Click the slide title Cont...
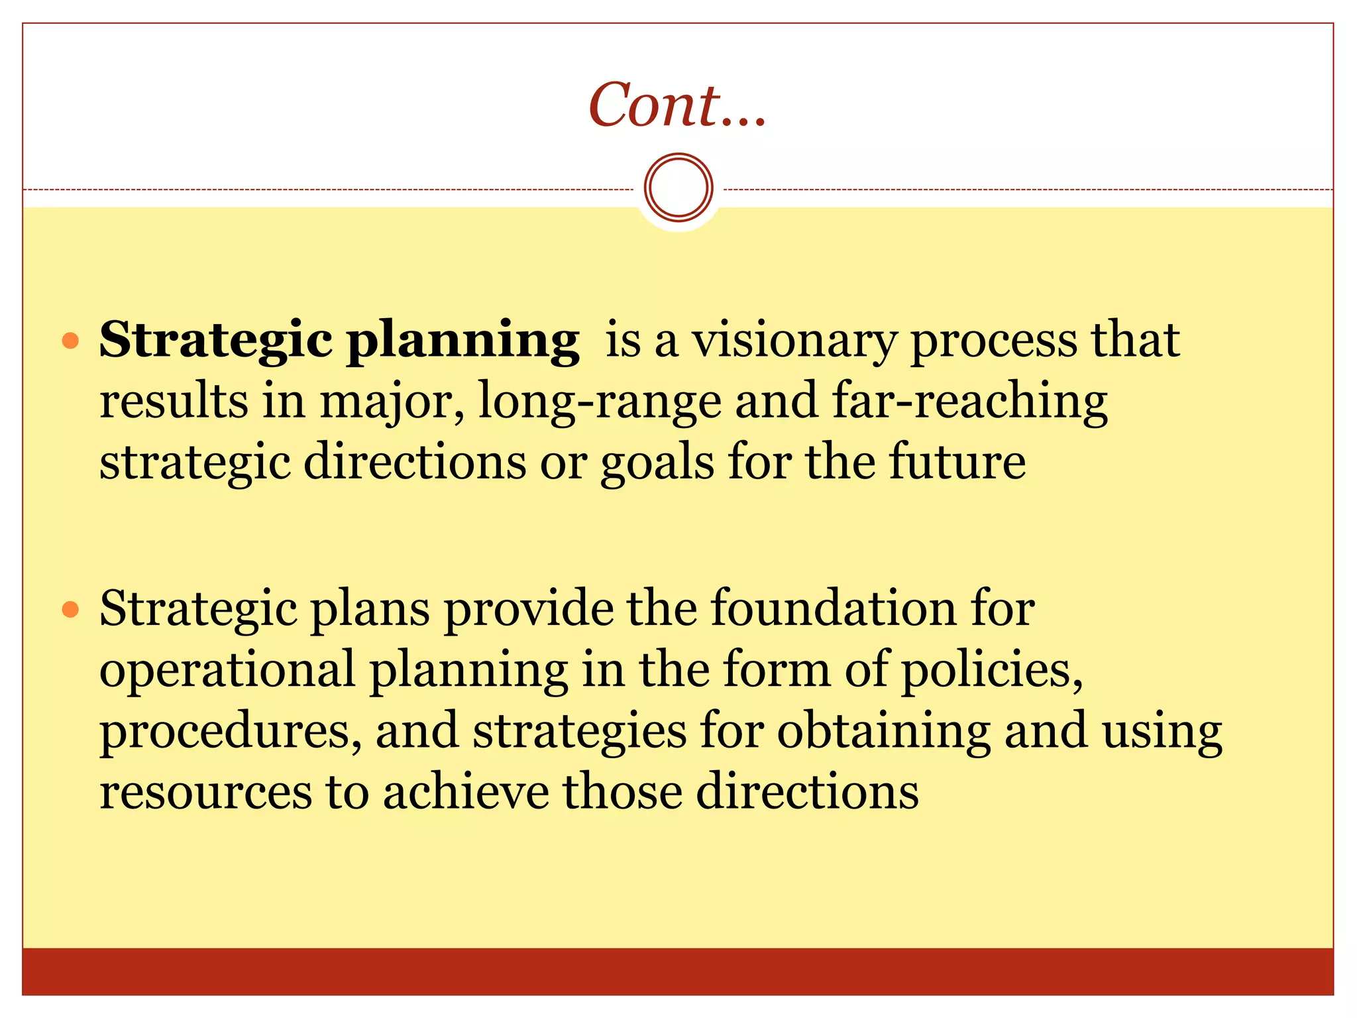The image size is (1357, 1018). click(x=677, y=106)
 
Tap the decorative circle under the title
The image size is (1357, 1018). click(x=678, y=188)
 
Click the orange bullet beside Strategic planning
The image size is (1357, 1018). click(x=70, y=341)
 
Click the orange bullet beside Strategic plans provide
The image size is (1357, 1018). click(x=70, y=609)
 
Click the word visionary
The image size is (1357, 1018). click(x=794, y=341)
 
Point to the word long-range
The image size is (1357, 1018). click(x=599, y=402)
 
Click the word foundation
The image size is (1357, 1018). click(x=834, y=608)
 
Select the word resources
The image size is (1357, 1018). click(x=205, y=792)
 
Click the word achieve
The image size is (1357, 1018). click(x=466, y=792)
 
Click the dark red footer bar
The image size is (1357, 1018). click(x=677, y=972)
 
